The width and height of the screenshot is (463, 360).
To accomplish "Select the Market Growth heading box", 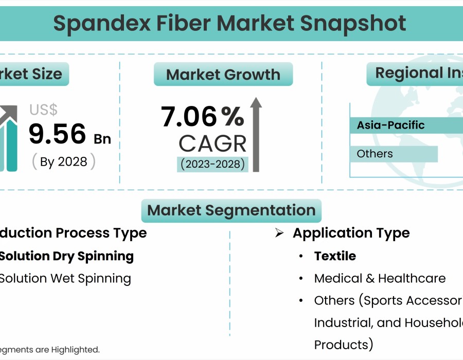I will pos(223,75).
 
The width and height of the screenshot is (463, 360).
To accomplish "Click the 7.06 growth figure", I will pos(189,116).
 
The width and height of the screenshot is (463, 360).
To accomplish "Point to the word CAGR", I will pos(212,143).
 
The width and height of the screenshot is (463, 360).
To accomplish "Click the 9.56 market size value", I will pos(57,134).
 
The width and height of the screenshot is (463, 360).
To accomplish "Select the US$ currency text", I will pos(43,110).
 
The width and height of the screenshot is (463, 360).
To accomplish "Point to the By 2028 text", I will pos(64,161).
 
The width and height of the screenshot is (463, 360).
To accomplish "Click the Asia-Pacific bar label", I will pos(391,125).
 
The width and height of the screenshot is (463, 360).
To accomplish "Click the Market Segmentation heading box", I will pos(231,210).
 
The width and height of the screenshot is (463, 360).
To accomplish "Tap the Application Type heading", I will pos(351,233).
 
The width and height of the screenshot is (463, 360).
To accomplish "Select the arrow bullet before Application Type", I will pos(279,233).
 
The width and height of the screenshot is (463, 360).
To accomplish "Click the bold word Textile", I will pos(335,256).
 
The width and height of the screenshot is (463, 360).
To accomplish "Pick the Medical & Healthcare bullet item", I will pos(380,278).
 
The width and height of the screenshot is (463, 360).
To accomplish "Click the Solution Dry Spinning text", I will pos(66,256).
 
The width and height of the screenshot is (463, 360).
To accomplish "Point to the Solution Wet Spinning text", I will pos(65,278).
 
